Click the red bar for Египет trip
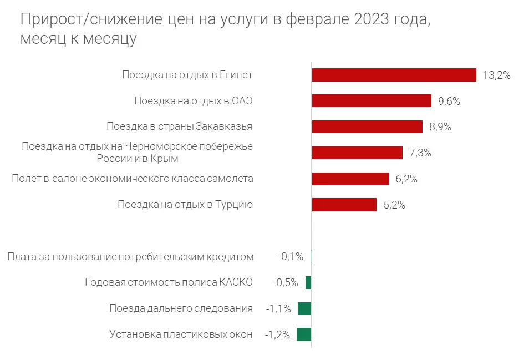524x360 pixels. pyautogui.click(x=394, y=75)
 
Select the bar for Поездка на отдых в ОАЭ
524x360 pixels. pyautogui.click(x=372, y=101)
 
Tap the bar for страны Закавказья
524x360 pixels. pyautogui.click(x=367, y=126)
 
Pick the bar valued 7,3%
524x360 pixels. pyautogui.click(x=357, y=153)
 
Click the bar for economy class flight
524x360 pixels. pyautogui.click(x=350, y=179)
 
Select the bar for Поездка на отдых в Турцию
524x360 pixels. pyautogui.click(x=344, y=205)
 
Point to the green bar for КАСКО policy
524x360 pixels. pyautogui.click(x=308, y=282)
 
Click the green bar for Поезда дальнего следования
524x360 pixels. pyautogui.click(x=304, y=308)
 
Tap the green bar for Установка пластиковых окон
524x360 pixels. pyautogui.click(x=304, y=334)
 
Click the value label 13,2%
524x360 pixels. pyautogui.click(x=496, y=75)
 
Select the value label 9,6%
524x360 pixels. pyautogui.click(x=449, y=102)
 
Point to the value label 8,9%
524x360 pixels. pyautogui.click(x=440, y=127)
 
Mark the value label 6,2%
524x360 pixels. pyautogui.click(x=406, y=179)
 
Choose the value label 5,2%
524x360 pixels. pyautogui.click(x=394, y=205)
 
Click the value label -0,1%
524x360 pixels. pyautogui.click(x=291, y=257)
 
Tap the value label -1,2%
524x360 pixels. pyautogui.click(x=277, y=335)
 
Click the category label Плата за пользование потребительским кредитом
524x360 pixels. pyautogui.click(x=131, y=257)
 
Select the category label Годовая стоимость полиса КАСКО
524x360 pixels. pyautogui.click(x=169, y=282)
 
